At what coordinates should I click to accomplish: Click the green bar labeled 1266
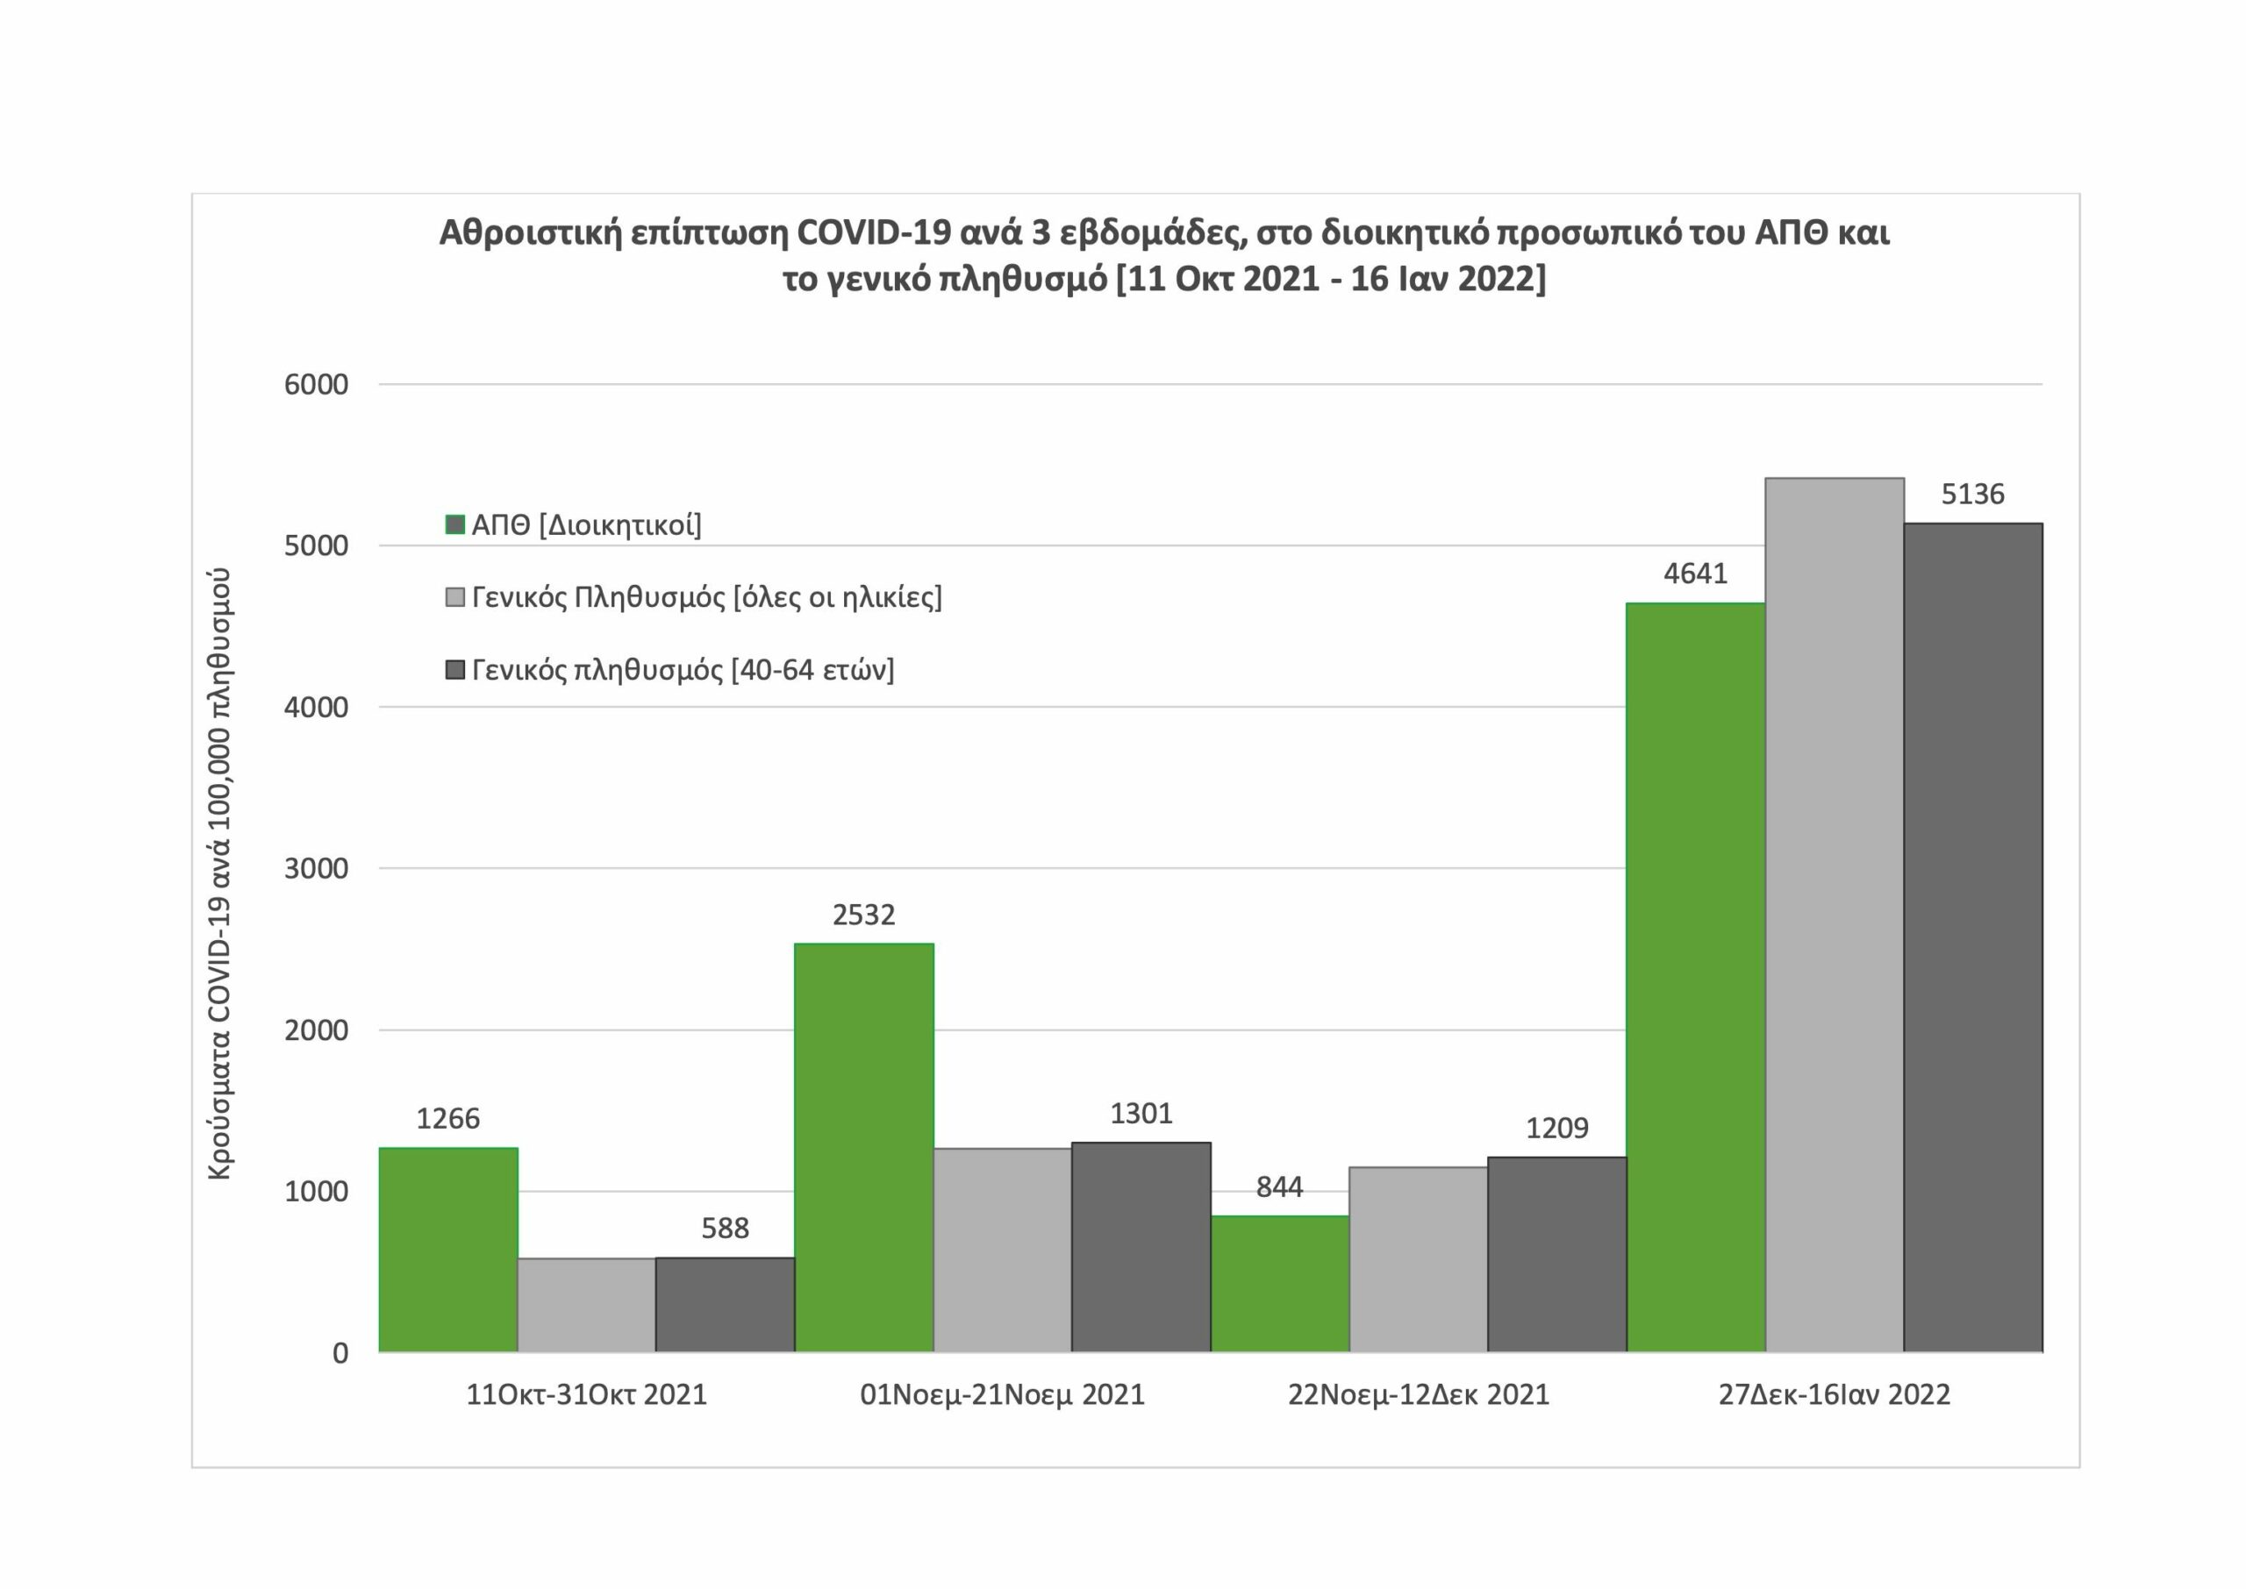tap(448, 1250)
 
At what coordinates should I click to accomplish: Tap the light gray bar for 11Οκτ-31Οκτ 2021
tap(586, 1304)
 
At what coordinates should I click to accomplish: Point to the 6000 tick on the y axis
tap(316, 384)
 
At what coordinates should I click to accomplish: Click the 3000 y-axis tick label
tap(316, 869)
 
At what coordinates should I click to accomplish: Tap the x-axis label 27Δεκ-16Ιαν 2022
tap(1834, 1394)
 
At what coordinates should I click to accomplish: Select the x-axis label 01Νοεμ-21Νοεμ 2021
tap(1002, 1394)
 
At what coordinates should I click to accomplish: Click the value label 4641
tap(1696, 574)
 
